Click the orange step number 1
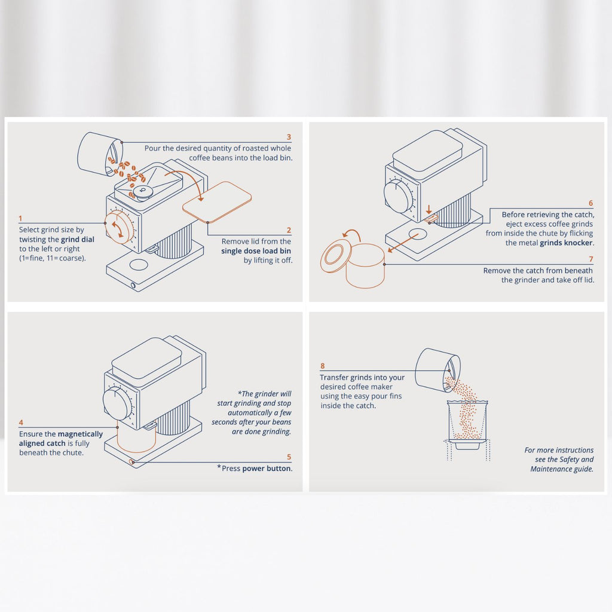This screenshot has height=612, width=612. click(x=21, y=219)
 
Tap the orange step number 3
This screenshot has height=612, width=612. click(x=289, y=137)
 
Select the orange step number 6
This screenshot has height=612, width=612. click(x=590, y=203)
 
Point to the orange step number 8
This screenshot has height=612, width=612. click(x=322, y=366)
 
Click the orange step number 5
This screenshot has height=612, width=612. click(x=289, y=457)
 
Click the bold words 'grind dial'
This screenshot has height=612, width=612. click(x=78, y=239)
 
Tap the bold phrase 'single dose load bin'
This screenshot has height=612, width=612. click(x=256, y=250)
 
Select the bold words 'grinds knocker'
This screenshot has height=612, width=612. click(x=567, y=243)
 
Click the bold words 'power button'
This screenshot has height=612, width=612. click(x=267, y=469)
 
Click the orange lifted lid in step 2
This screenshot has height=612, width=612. click(x=217, y=202)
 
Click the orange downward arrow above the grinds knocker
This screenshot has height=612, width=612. click(x=429, y=209)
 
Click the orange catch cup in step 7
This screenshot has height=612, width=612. click(x=365, y=266)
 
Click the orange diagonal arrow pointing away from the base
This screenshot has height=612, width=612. click(x=403, y=243)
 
